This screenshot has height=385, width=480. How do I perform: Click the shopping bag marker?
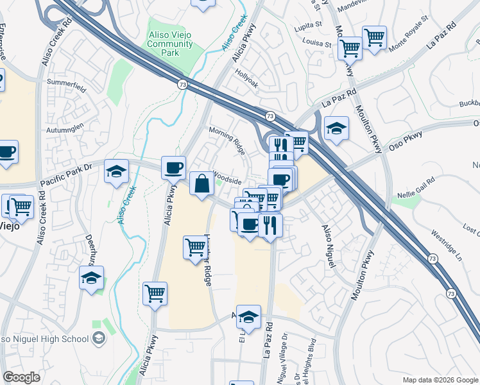[201, 184]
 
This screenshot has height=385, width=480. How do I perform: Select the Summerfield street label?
[66, 83]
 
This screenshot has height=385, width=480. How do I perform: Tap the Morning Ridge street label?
[227, 141]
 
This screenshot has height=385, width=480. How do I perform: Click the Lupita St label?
[308, 24]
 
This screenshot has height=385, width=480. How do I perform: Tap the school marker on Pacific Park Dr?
[116, 172]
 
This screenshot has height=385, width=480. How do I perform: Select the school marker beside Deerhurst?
[92, 278]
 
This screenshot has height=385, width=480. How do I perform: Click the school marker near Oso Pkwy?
[336, 129]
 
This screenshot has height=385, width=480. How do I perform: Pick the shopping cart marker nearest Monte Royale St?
[374, 38]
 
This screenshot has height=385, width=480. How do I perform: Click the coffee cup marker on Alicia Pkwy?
[173, 168]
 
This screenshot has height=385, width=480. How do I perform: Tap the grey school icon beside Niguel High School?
[98, 338]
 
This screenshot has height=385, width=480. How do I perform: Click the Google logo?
[22, 378]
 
